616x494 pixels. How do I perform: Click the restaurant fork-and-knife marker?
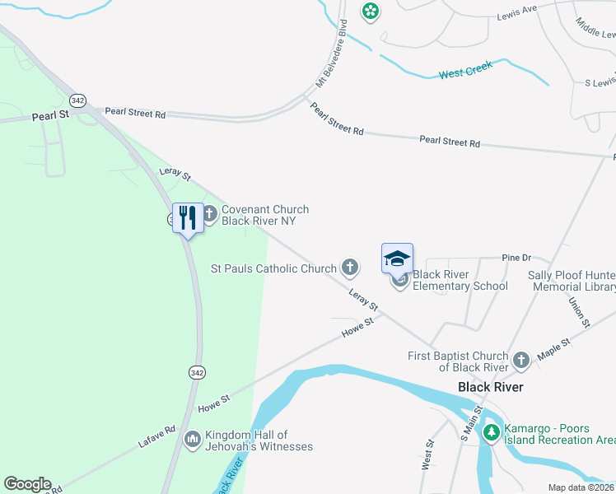(188, 218)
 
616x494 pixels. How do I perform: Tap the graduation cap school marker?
(397, 258)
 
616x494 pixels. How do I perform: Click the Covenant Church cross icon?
(209, 215)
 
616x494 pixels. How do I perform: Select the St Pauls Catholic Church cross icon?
(350, 267)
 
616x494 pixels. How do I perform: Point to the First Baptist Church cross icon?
(520, 361)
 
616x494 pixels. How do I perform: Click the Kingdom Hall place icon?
(193, 440)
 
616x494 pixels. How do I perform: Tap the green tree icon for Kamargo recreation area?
(492, 432)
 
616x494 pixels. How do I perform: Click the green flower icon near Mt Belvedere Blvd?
(371, 11)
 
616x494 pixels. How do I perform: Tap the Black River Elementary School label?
(460, 280)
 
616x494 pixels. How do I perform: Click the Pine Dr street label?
(516, 258)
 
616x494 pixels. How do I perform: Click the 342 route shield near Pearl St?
(78, 100)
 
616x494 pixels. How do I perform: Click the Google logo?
(28, 484)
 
